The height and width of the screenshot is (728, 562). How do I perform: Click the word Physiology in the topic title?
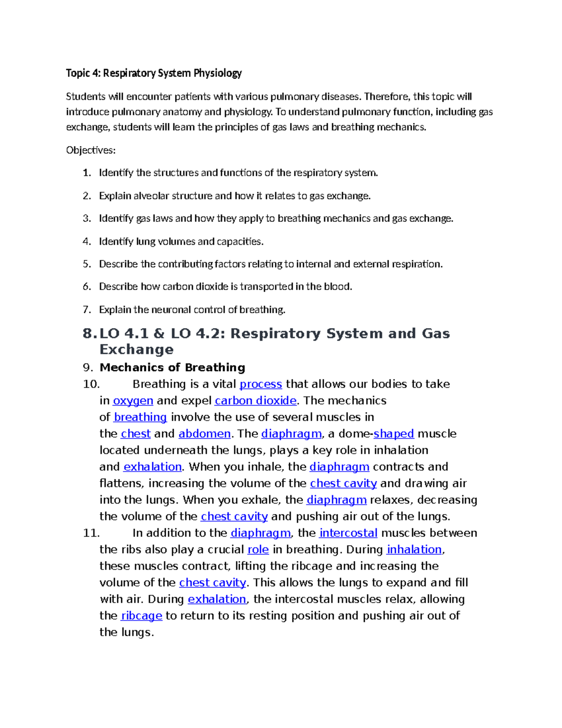pyautogui.click(x=219, y=73)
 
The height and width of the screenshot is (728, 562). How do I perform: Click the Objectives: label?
pyautogui.click(x=90, y=150)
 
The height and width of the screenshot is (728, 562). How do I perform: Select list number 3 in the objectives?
pyautogui.click(x=86, y=218)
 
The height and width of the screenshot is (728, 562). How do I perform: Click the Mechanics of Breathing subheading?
pyautogui.click(x=172, y=368)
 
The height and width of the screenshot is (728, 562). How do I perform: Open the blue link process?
pyautogui.click(x=260, y=384)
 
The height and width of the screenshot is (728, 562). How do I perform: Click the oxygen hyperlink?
pyautogui.click(x=133, y=401)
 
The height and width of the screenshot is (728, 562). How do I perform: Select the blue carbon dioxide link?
pyautogui.click(x=255, y=401)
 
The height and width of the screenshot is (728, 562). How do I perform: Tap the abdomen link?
pyautogui.click(x=204, y=434)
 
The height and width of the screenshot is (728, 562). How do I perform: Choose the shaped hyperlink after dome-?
pyautogui.click(x=393, y=434)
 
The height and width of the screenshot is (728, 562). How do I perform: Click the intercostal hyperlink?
pyautogui.click(x=348, y=533)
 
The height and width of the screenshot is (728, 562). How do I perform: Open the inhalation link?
pyautogui.click(x=414, y=549)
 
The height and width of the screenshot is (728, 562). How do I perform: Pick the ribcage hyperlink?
pyautogui.click(x=141, y=615)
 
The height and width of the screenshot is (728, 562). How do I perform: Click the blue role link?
pyautogui.click(x=258, y=549)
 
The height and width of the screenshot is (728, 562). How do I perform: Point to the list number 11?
pyautogui.click(x=91, y=533)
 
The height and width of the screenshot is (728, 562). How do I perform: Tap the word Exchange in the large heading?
pyautogui.click(x=136, y=350)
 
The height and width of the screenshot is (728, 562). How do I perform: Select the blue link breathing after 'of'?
pyautogui.click(x=140, y=417)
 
